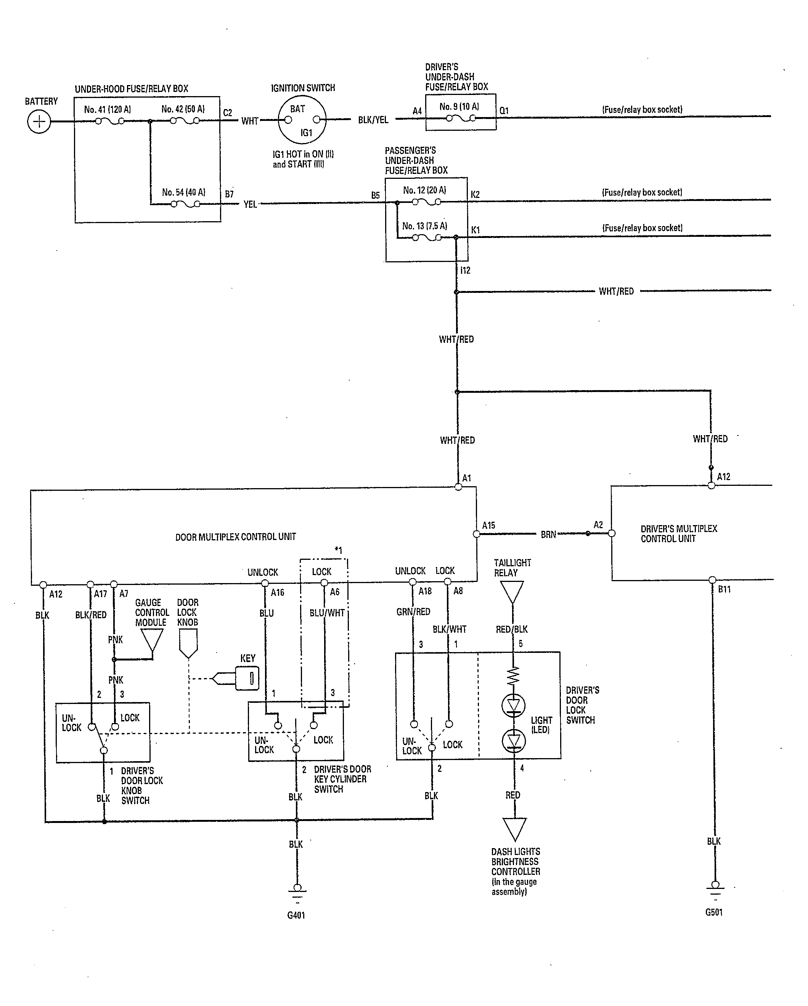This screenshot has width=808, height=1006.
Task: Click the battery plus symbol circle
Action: (39, 122)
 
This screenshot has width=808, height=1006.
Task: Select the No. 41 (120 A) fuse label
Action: (107, 110)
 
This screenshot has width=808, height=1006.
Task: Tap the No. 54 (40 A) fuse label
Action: (183, 192)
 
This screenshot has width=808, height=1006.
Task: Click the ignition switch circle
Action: (302, 119)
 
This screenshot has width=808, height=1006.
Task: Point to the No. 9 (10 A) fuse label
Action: (459, 107)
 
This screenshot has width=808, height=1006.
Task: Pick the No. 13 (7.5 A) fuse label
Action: (424, 226)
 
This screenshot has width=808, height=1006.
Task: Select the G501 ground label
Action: (714, 912)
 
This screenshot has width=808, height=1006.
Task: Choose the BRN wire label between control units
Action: (549, 535)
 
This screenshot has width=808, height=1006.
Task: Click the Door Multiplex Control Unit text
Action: (236, 537)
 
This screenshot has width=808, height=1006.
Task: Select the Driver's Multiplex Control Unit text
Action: (679, 534)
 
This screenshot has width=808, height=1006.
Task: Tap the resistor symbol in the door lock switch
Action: (513, 676)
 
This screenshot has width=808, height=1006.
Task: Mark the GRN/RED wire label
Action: (413, 612)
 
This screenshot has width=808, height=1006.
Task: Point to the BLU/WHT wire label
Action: (327, 613)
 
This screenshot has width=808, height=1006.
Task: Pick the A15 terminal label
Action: (488, 525)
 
